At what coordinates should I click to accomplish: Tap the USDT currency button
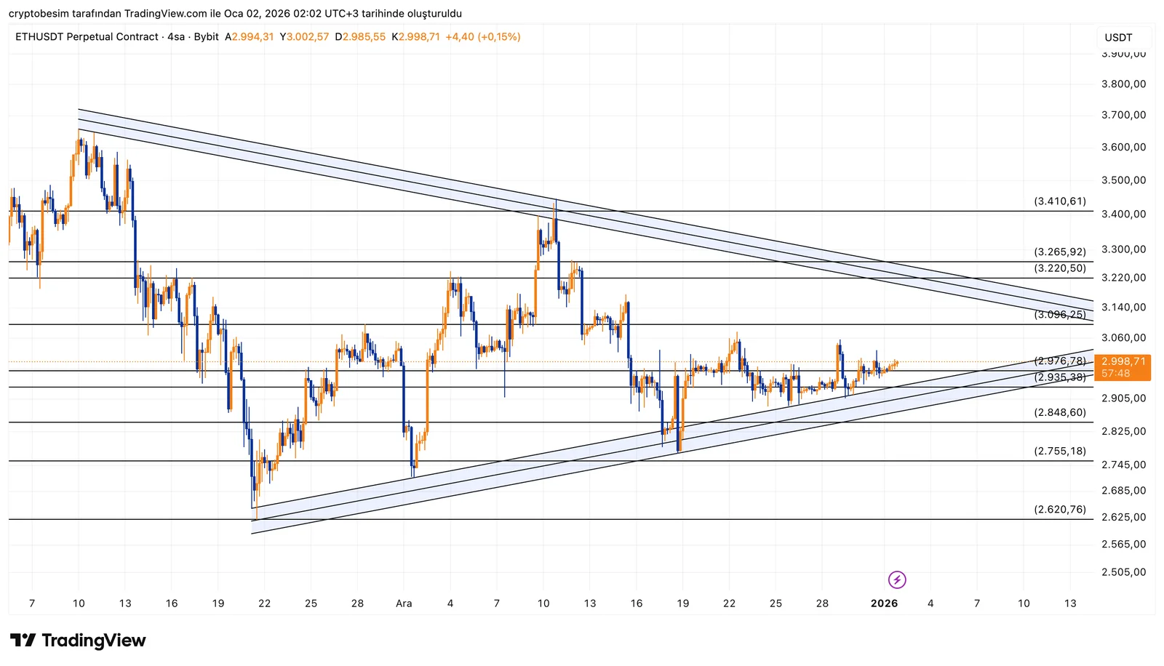click(x=1118, y=37)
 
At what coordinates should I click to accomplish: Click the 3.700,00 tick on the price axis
click(x=1123, y=115)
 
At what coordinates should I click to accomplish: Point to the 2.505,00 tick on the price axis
click(x=1123, y=572)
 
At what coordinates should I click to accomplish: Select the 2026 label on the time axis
click(x=884, y=603)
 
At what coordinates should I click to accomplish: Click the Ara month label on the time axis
click(x=404, y=603)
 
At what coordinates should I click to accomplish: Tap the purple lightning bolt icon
click(x=897, y=579)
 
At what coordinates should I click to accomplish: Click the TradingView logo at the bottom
click(x=78, y=641)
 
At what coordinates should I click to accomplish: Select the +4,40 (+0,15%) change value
click(x=483, y=37)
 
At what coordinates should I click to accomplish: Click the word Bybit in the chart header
click(x=207, y=37)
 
